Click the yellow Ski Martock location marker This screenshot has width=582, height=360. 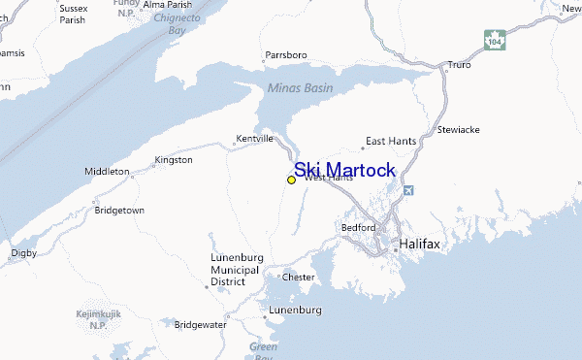[x=291, y=180]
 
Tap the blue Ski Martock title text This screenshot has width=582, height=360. [x=344, y=171]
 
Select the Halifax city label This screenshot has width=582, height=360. [x=419, y=245]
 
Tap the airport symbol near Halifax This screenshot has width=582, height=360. [x=407, y=190]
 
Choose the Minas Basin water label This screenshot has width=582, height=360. [x=300, y=88]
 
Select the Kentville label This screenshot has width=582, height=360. [x=255, y=139]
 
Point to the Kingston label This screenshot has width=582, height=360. [x=174, y=159]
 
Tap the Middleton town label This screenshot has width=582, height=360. [x=108, y=171]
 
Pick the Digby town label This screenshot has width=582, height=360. [x=23, y=252]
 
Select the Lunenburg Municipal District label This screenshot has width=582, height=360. [x=236, y=270]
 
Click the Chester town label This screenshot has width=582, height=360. [x=298, y=277]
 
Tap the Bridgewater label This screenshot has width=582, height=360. [x=203, y=324]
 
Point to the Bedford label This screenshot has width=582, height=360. [x=358, y=227]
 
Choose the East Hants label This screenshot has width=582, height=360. [x=390, y=141]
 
